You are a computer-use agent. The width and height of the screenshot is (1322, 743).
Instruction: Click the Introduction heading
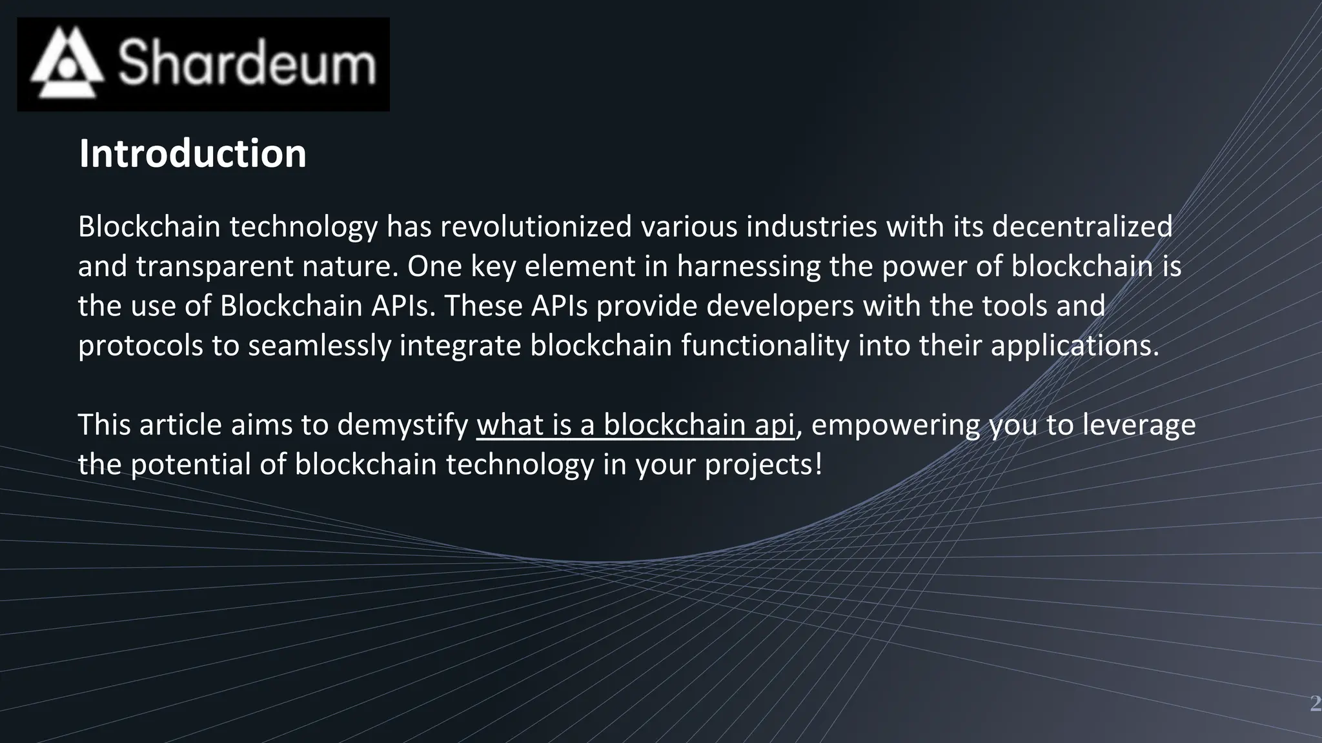click(192, 154)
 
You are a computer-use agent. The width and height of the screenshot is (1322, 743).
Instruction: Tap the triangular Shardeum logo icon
click(66, 63)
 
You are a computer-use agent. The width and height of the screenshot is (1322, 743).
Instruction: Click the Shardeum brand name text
click(247, 63)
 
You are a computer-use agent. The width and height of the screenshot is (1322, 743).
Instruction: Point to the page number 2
click(1315, 703)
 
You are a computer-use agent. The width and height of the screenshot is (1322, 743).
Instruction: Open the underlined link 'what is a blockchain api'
click(635, 425)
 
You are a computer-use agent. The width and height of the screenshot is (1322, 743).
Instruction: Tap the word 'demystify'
click(402, 425)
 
